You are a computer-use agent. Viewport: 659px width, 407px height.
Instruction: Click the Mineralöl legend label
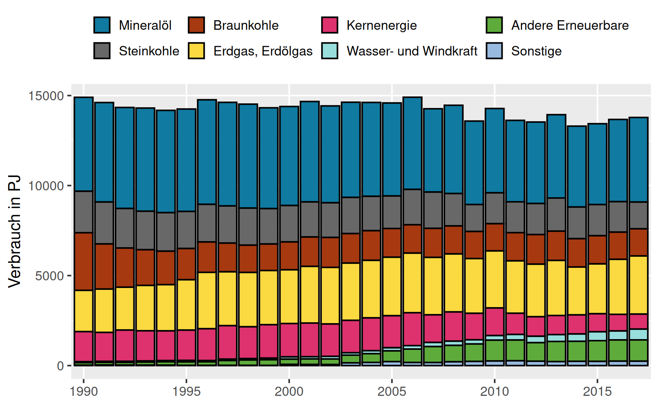point(145,26)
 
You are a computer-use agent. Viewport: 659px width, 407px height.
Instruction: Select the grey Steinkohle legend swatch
point(102,51)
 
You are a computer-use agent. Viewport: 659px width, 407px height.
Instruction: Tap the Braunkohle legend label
point(246,26)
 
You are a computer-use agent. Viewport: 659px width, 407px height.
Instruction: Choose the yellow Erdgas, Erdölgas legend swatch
point(196,51)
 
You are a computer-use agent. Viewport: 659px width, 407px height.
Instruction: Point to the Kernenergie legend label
point(381,26)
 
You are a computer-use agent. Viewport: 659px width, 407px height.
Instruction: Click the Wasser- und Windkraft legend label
point(412,51)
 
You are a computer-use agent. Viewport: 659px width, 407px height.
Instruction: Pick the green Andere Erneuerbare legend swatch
point(494,25)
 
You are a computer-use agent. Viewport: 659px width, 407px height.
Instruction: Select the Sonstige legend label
point(536,51)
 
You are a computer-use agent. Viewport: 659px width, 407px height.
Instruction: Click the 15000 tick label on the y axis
point(46,96)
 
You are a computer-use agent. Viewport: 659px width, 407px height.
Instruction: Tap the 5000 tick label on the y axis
point(49,276)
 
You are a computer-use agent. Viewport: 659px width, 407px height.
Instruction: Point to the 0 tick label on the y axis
point(60,366)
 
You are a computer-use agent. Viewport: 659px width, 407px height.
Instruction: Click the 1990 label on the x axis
point(84,391)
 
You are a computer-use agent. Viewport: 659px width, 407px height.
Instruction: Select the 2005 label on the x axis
point(392,391)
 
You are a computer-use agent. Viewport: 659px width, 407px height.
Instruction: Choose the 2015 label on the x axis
point(597,391)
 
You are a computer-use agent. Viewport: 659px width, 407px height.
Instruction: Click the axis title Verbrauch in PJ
point(14,231)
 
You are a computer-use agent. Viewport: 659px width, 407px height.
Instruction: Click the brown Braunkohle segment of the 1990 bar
point(84,261)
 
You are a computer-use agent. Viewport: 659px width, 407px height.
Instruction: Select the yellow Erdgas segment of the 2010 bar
point(495,279)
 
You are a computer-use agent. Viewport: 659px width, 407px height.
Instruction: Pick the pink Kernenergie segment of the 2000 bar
point(289,340)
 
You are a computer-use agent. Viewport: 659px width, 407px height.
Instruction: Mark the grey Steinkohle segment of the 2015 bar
point(597,220)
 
